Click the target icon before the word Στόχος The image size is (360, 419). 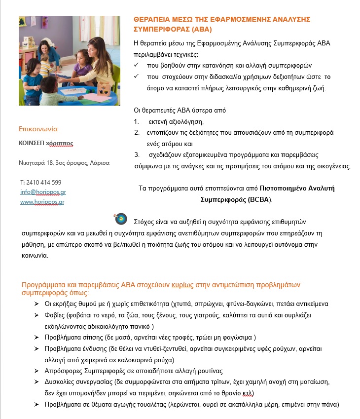pos(120,218)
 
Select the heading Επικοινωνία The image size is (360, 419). pos(38,129)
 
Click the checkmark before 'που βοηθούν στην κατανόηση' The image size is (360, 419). pos(137,65)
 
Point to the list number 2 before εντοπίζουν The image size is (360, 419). pos(137,133)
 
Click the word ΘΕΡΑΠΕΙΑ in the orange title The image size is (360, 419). pos(153,19)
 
